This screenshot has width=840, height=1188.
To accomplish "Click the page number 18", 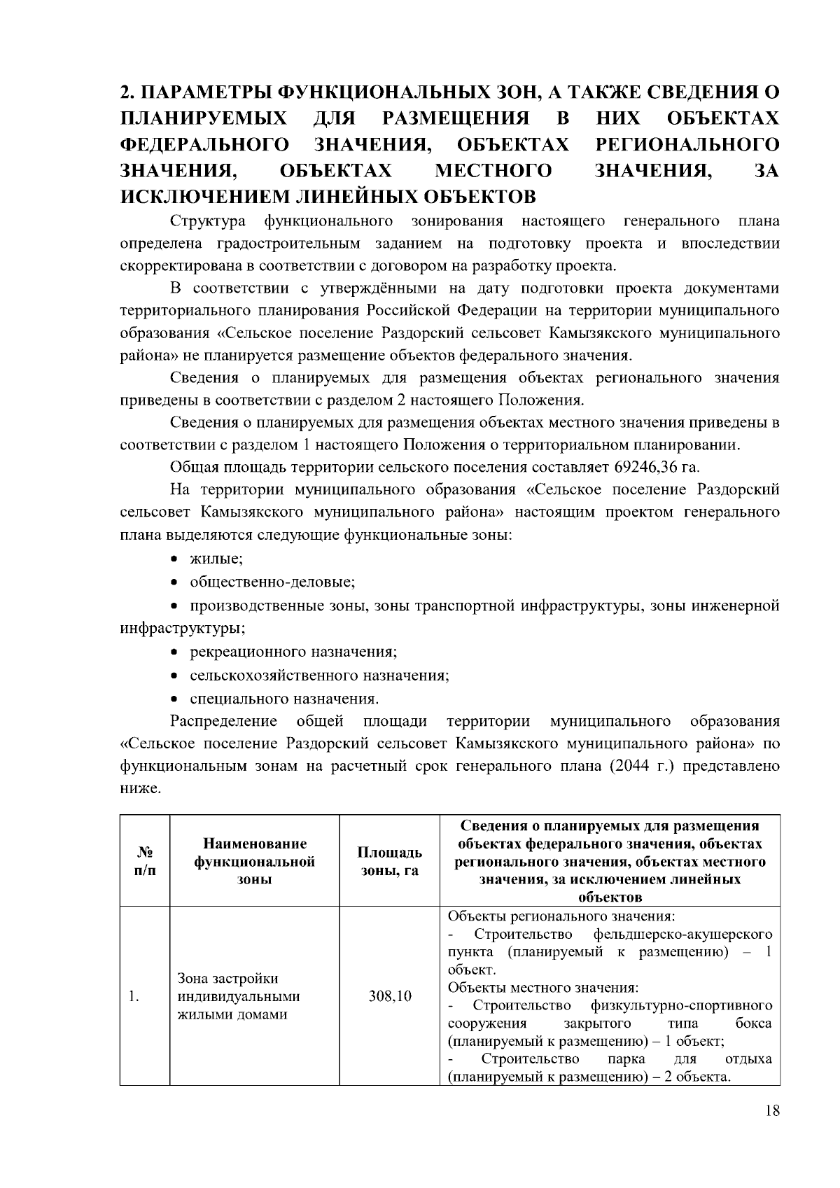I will click(x=772, y=1111).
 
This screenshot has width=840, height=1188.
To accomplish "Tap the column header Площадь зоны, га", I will click(x=390, y=861).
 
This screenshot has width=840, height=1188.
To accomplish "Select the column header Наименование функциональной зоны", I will click(x=254, y=861).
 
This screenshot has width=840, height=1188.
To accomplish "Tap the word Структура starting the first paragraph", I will click(x=208, y=222).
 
